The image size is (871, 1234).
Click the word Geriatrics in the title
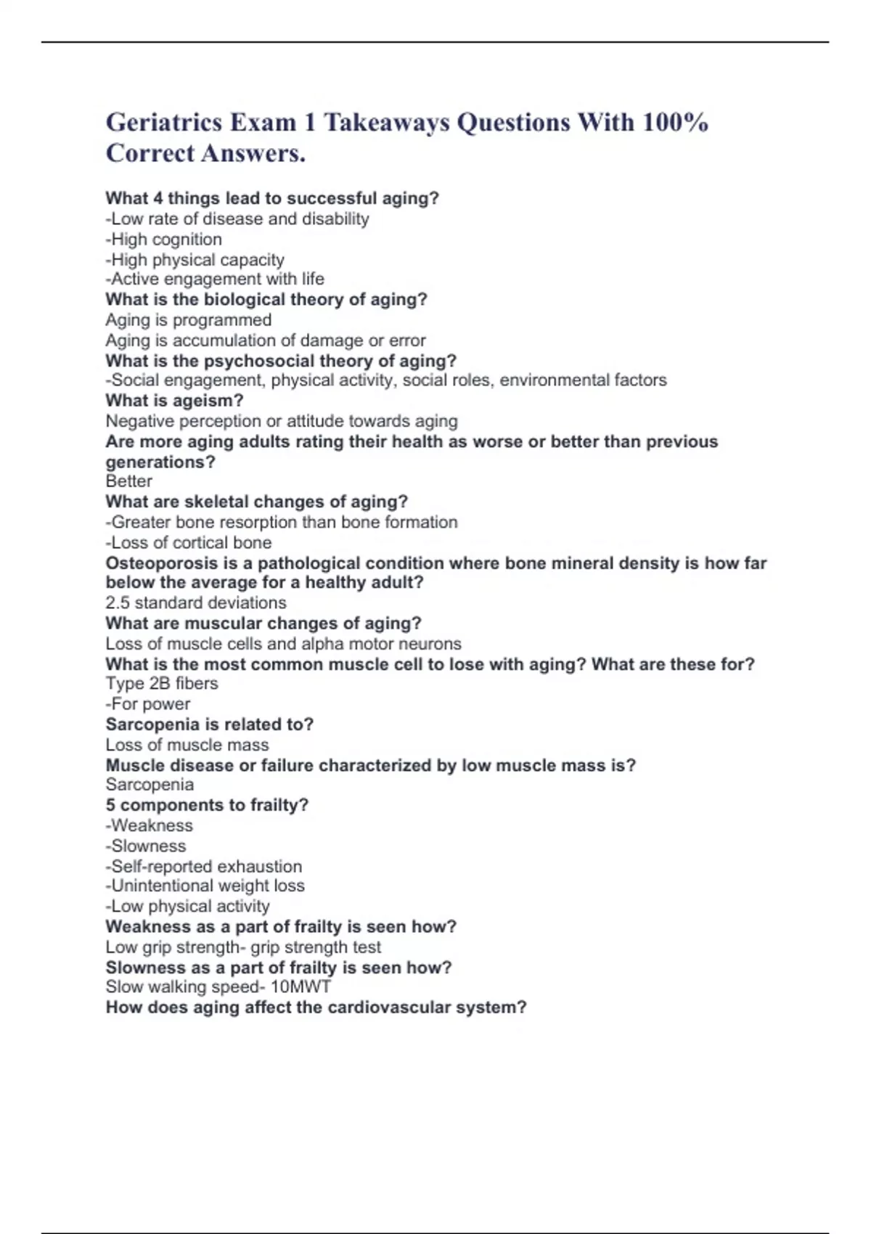[x=164, y=122]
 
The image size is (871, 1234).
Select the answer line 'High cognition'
[x=164, y=240]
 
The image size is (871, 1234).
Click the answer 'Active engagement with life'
[x=215, y=279]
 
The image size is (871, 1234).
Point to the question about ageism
[x=174, y=401]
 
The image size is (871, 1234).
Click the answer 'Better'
[x=128, y=481]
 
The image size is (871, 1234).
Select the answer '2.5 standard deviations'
[x=196, y=602]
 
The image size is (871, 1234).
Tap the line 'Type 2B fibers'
[x=162, y=684]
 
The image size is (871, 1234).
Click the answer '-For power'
[x=148, y=704]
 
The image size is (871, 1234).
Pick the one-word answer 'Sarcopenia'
[x=150, y=785]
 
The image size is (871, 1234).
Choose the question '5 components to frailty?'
[x=207, y=805]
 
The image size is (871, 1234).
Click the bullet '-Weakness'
[x=150, y=825]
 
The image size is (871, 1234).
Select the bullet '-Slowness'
[x=146, y=846]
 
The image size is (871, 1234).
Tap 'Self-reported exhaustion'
[x=204, y=867]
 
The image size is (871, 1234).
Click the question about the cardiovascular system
[x=316, y=1008]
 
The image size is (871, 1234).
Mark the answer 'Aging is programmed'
[x=189, y=320]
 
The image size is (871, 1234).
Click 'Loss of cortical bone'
[x=189, y=543]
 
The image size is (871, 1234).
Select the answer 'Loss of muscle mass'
[x=187, y=745]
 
